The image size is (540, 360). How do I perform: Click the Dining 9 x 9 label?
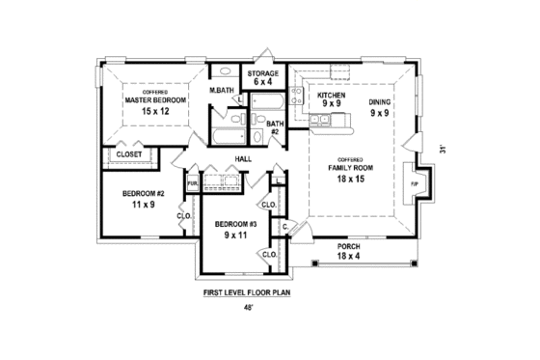tap(379, 106)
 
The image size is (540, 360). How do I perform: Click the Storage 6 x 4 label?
tap(262, 77)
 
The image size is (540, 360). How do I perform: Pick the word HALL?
tap(244, 159)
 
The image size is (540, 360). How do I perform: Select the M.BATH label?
tap(224, 91)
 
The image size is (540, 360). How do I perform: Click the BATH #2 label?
tap(275, 127)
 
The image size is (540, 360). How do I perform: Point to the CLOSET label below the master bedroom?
tap(129, 153)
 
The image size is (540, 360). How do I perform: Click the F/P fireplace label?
tap(415, 183)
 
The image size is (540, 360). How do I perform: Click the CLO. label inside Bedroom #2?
tap(183, 216)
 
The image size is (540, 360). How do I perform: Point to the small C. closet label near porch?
tap(285, 226)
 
